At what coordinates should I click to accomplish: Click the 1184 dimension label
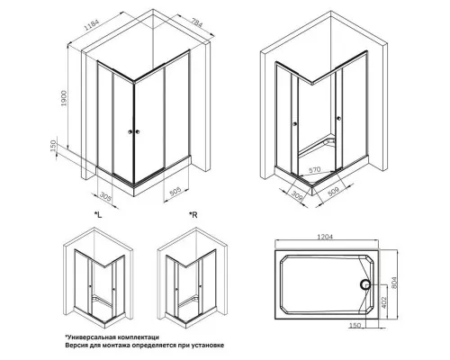92,22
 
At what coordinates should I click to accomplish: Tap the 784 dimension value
197,22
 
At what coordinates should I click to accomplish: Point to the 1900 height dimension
65,98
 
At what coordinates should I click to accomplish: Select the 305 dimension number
105,197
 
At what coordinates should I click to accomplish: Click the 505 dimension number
175,191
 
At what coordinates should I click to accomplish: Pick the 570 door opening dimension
315,169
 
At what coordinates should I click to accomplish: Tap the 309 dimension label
297,195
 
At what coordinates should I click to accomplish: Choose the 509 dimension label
333,192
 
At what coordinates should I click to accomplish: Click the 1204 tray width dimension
325,237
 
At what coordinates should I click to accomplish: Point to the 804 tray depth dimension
394,283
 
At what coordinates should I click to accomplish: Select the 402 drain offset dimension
384,302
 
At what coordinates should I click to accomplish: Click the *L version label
98,215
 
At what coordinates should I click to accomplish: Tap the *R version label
193,215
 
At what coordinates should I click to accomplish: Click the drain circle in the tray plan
365,284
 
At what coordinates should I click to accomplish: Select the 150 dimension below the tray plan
355,325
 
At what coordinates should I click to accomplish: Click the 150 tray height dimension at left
53,146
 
